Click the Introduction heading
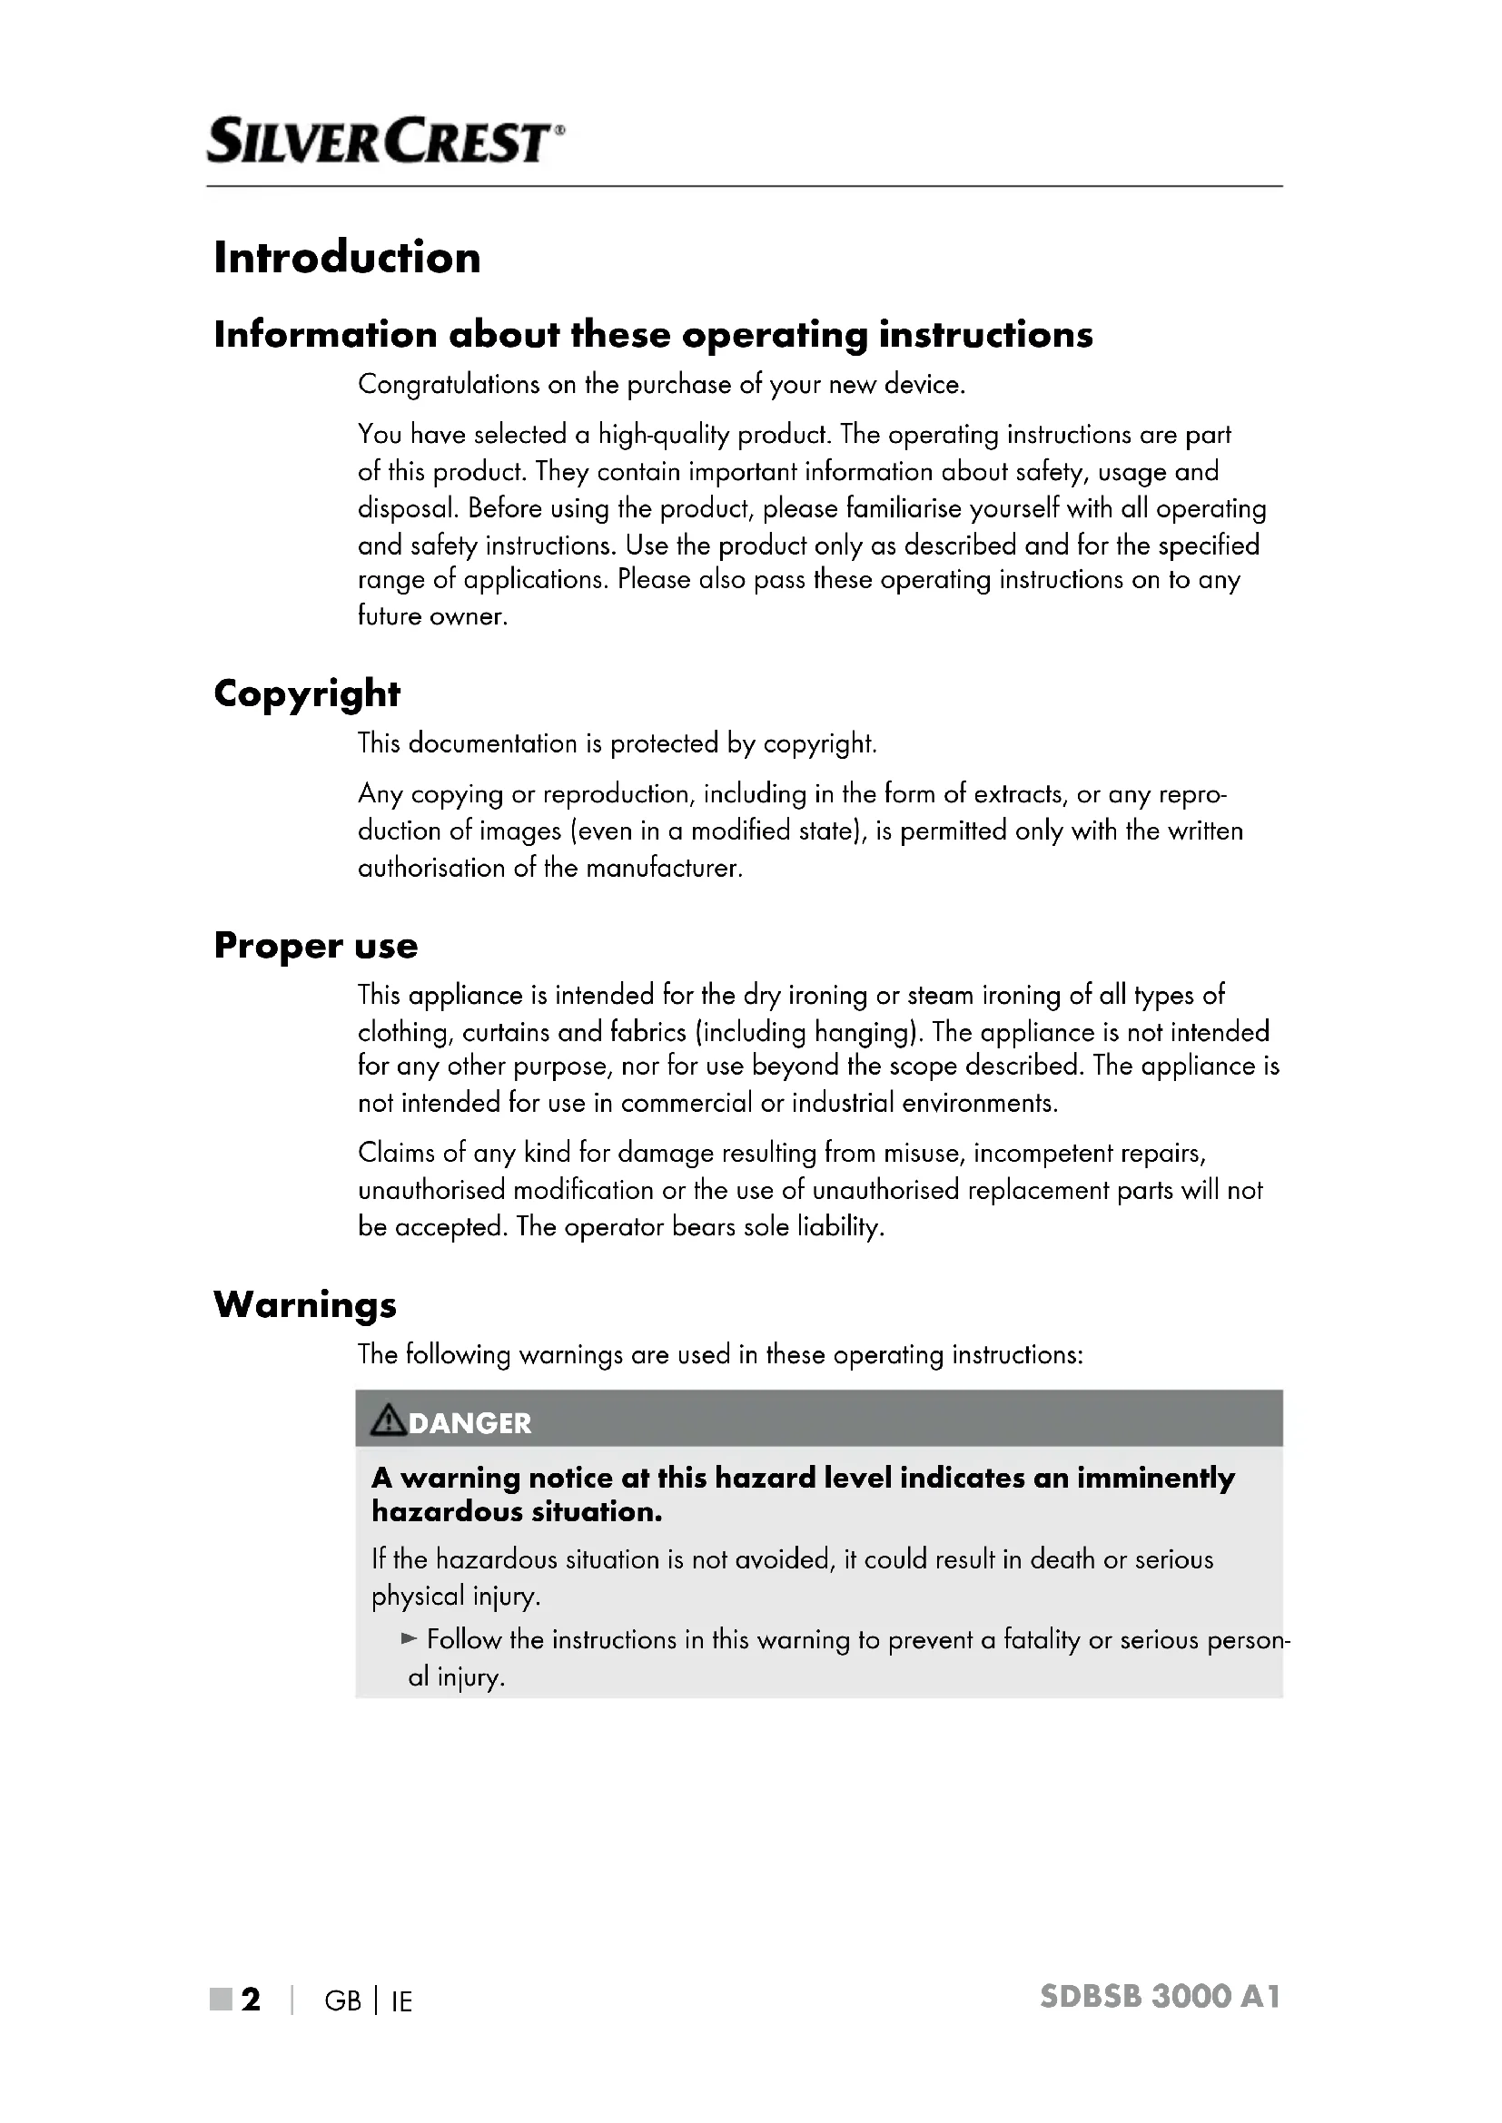point(347,257)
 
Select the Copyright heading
point(307,693)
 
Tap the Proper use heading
point(315,945)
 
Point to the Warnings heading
point(305,1304)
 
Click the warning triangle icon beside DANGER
point(388,1420)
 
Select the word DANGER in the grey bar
point(469,1423)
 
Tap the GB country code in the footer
point(343,2001)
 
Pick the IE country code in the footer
point(401,2001)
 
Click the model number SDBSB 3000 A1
point(1160,1996)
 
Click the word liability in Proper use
point(840,1227)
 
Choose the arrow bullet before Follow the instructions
point(410,1639)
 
